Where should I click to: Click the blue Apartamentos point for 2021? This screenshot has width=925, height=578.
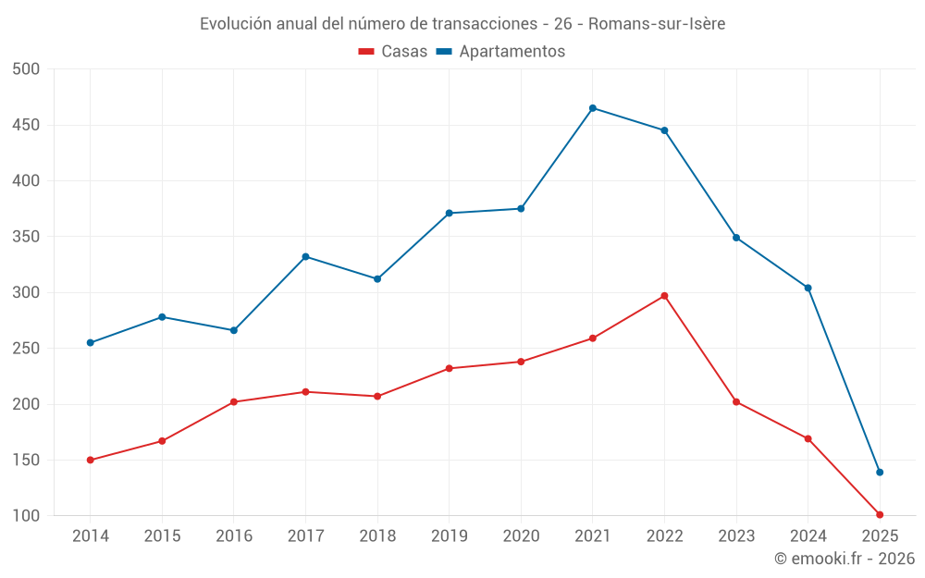pos(593,108)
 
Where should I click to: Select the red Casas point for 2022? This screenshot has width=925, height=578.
pos(664,296)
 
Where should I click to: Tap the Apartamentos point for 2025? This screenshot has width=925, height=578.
pos(880,473)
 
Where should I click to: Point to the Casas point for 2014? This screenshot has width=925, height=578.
pos(90,460)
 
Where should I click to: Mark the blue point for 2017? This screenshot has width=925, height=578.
pos(305,256)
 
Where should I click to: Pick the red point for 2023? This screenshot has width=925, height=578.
pos(736,402)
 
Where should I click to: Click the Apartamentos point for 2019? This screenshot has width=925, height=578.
pos(450,213)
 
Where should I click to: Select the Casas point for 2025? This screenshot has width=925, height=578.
pos(880,514)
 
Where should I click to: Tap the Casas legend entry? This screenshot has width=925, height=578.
pos(393,52)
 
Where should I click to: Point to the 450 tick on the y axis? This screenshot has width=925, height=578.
pos(27,125)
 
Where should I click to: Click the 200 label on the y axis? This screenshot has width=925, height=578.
pos(27,404)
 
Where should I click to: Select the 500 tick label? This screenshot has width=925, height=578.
pos(27,69)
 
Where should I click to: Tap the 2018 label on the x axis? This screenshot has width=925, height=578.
pos(377,535)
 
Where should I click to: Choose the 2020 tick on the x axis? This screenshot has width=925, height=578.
pos(521,535)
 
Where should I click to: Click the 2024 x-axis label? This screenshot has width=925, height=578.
pos(808,535)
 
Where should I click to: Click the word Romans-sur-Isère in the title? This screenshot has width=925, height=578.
pos(657,23)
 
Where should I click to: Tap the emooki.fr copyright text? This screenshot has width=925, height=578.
pos(845,558)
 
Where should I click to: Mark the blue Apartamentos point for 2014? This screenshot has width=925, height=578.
pos(90,343)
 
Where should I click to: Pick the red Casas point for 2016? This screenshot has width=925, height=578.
pos(233,402)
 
